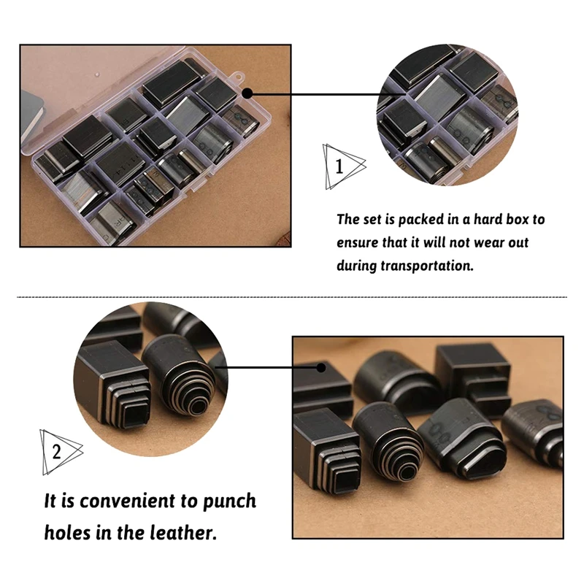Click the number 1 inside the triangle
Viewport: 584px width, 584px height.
(339, 166)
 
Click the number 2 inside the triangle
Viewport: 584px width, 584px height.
(56, 452)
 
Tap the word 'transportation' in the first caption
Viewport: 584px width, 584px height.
(427, 266)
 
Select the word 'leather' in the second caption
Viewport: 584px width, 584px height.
(183, 533)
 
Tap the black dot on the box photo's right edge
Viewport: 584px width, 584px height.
(247, 93)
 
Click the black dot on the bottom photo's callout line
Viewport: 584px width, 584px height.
(320, 368)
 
